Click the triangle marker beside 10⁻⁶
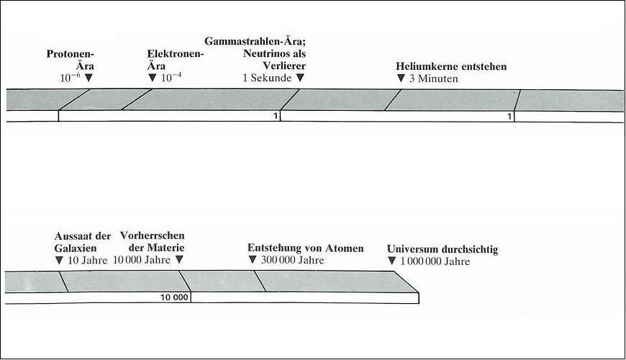tap(89, 78)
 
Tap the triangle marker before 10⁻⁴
tap(152, 78)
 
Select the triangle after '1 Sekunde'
tap(300, 78)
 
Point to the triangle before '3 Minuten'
tap(401, 78)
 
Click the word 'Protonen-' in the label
tap(71, 53)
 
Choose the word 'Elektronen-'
tap(176, 53)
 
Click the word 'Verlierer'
tap(283, 66)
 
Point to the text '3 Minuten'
tap(434, 78)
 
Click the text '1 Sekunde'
tap(267, 78)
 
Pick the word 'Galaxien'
tap(76, 248)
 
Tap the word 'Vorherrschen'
tap(152, 235)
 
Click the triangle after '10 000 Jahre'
tap(179, 260)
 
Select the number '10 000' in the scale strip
tap(174, 297)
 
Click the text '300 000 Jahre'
tap(293, 260)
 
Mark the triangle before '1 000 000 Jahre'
tap(391, 261)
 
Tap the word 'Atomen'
tap(345, 248)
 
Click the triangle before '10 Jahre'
tap(59, 261)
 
